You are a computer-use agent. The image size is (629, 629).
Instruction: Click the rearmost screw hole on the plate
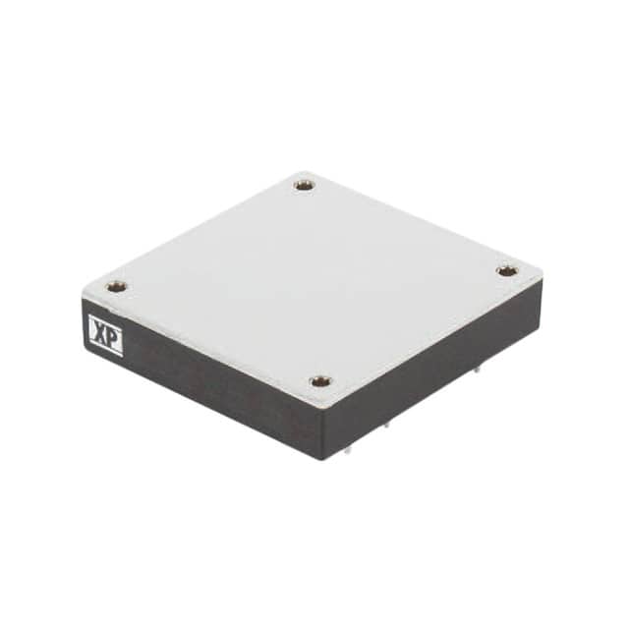(x=305, y=184)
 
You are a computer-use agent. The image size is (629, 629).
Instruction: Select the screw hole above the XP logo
(x=116, y=287)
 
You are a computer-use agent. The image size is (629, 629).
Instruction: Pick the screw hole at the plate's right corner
(x=505, y=270)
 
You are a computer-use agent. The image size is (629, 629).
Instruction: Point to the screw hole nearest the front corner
(x=319, y=380)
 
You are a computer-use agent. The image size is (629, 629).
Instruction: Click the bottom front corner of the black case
(x=325, y=459)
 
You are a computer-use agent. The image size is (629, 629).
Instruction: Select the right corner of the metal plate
(x=542, y=275)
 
